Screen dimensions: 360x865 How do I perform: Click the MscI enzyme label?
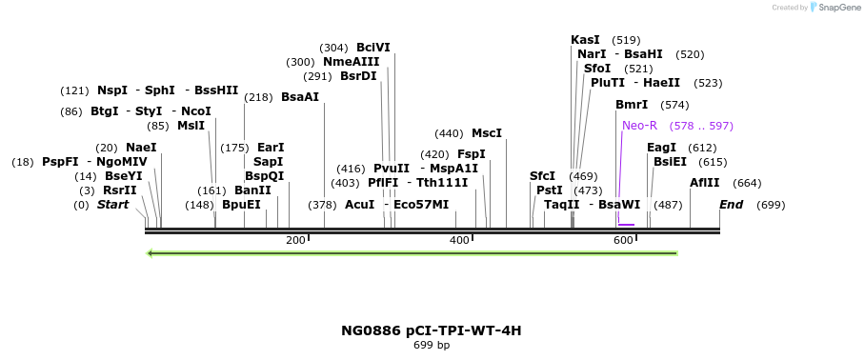tap(486, 133)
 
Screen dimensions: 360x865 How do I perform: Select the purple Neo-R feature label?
tap(639, 126)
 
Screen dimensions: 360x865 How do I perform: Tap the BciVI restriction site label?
tap(373, 48)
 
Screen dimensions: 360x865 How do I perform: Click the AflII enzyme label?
tap(705, 183)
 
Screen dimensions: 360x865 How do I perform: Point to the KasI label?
tap(585, 40)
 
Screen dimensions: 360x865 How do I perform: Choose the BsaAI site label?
tap(300, 97)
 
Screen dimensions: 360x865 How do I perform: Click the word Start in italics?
tap(112, 205)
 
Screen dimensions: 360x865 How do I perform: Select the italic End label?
tap(731, 205)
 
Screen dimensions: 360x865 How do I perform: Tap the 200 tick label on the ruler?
tap(295, 240)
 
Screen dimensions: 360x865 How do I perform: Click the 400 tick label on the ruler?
tap(459, 240)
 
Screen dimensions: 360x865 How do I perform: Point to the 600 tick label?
tap(623, 240)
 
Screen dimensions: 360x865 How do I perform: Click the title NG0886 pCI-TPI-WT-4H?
tap(432, 330)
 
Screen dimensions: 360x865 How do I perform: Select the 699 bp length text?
tap(432, 345)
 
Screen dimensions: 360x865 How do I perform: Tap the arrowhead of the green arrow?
tap(151, 253)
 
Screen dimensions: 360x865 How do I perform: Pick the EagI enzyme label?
tap(661, 148)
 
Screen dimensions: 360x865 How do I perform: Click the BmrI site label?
tap(632, 105)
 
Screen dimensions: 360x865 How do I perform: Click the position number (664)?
tap(747, 183)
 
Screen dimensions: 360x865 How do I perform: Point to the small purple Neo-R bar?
tap(626, 225)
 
